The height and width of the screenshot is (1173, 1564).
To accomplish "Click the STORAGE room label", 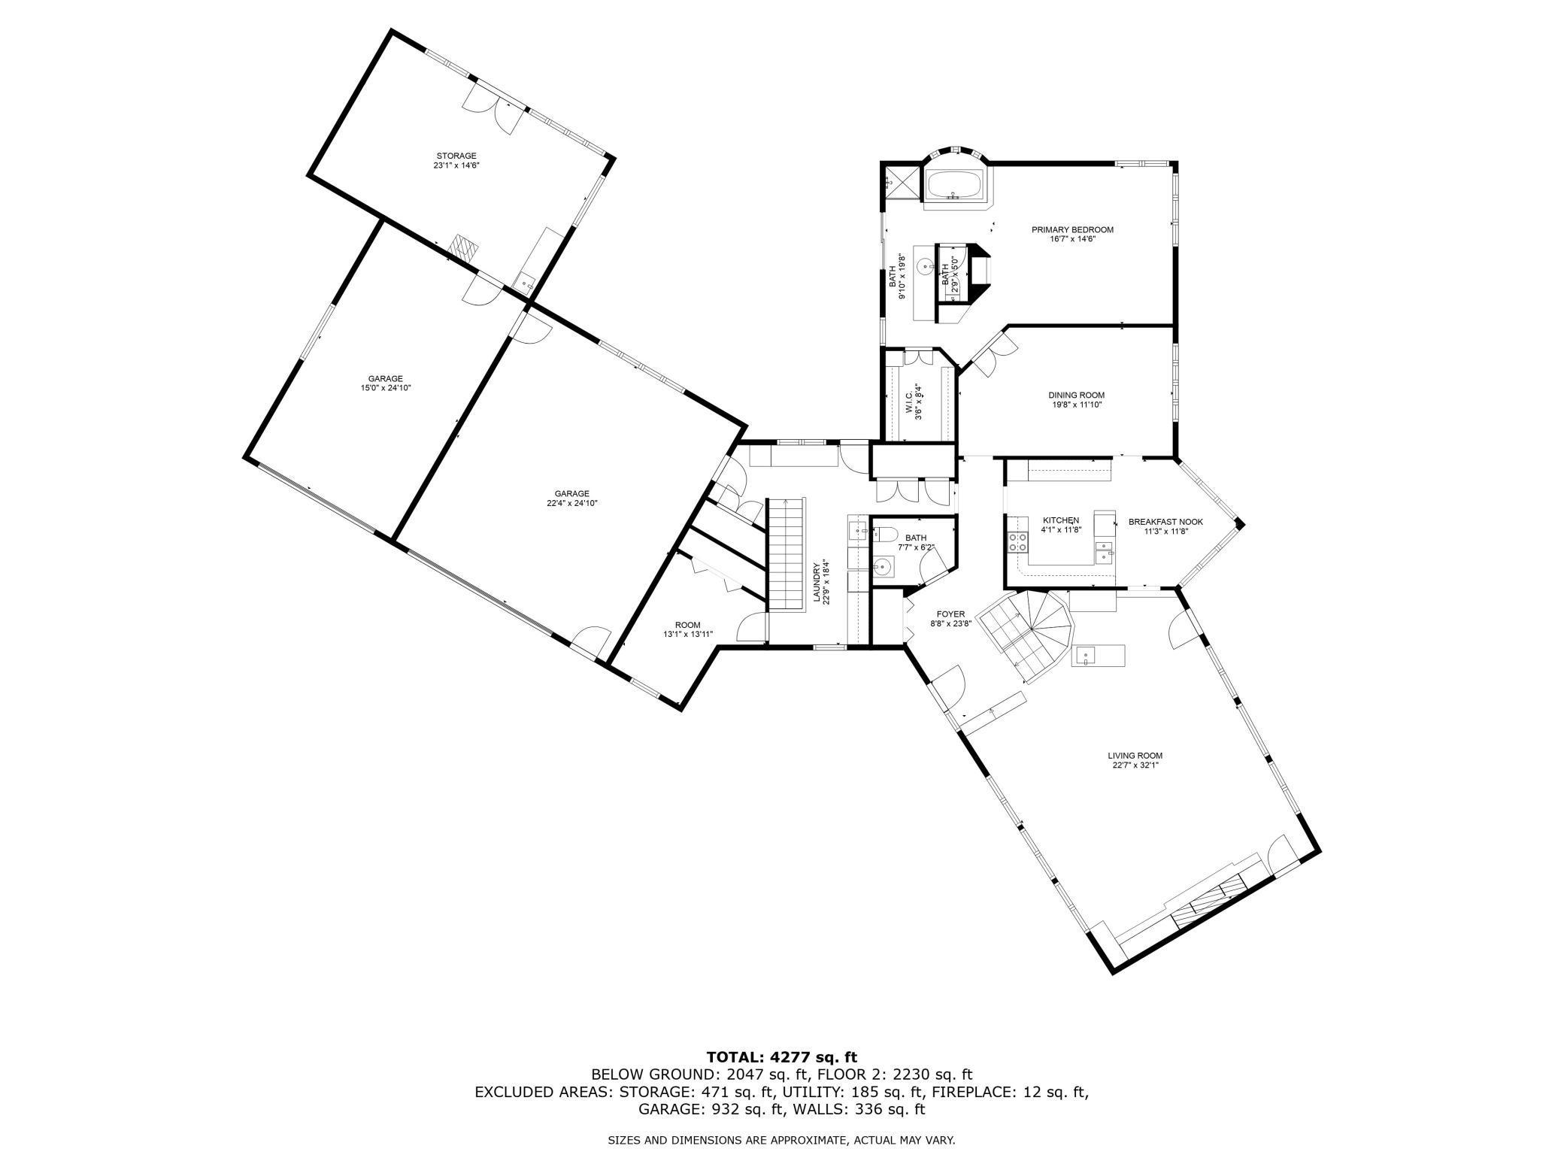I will click(x=456, y=156).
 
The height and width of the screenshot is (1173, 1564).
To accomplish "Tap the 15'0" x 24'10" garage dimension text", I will click(x=386, y=388).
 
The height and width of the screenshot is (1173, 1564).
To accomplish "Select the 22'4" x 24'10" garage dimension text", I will click(x=571, y=503).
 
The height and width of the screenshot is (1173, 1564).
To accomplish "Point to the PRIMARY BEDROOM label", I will click(x=1072, y=230).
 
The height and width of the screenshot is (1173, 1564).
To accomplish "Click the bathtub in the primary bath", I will click(x=953, y=184).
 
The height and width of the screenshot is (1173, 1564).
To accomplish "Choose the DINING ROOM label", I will click(x=1077, y=395).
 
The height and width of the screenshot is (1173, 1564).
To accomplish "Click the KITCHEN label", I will click(x=1060, y=520).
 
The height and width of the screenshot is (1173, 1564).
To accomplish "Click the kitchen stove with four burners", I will click(x=1018, y=542).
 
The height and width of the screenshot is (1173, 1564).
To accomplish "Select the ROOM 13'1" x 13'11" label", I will click(x=687, y=625).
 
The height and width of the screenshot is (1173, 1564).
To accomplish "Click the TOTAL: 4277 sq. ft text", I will click(x=781, y=1057).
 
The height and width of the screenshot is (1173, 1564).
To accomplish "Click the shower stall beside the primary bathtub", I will click(x=900, y=182).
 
